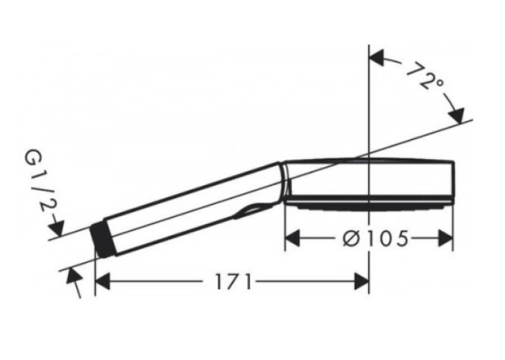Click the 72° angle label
(x=424, y=76)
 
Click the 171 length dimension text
(x=232, y=281)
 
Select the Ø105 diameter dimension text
(x=375, y=239)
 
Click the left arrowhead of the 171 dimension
(x=103, y=281)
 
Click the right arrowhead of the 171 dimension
(x=361, y=281)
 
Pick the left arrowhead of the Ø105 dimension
(x=292, y=239)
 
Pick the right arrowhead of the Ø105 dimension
(x=446, y=239)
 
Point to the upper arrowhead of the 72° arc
(x=377, y=58)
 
